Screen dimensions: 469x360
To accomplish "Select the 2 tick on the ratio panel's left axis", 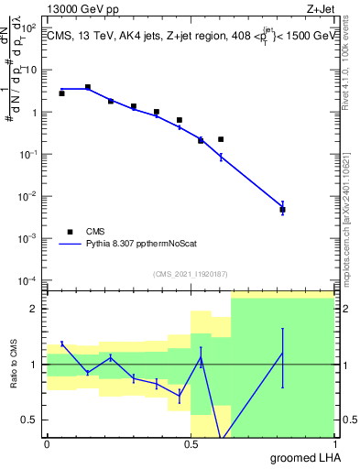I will pos(37,309).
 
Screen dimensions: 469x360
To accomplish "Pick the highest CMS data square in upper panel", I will pos(88,87).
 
